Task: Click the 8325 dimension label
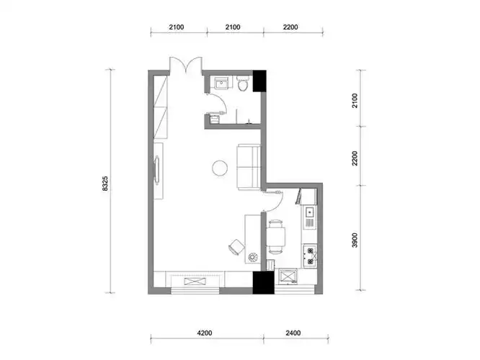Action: click(x=105, y=184)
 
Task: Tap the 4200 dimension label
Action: click(x=205, y=333)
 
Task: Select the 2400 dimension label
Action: click(x=293, y=333)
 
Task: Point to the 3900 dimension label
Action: click(x=355, y=240)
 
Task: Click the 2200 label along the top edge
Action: click(x=290, y=27)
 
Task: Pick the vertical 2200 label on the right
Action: click(x=355, y=158)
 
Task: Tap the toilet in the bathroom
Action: click(x=244, y=84)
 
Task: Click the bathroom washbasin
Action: click(x=221, y=83)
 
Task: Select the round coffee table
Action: click(x=220, y=168)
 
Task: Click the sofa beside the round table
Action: click(x=248, y=167)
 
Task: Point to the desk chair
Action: click(x=236, y=246)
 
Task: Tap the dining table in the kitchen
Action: click(x=276, y=237)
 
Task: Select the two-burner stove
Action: click(x=310, y=256)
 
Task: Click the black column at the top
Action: click(x=259, y=81)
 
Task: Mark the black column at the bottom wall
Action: click(x=263, y=283)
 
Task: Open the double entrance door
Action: click(x=186, y=65)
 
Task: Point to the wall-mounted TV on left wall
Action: click(x=157, y=171)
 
